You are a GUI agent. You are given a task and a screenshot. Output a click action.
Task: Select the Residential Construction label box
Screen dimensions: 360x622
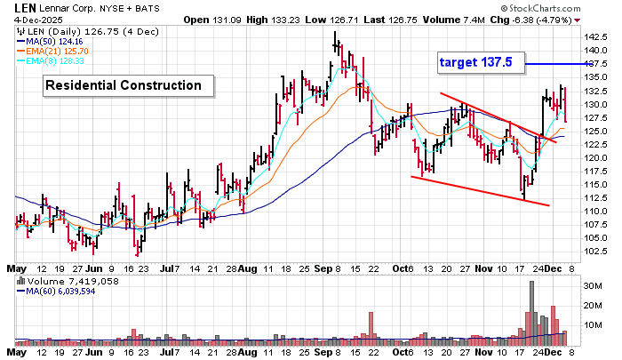[130, 85]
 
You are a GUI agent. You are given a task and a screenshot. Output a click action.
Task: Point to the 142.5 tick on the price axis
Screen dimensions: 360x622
[595, 37]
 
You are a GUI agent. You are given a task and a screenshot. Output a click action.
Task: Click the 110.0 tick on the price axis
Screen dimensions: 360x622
[595, 211]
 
